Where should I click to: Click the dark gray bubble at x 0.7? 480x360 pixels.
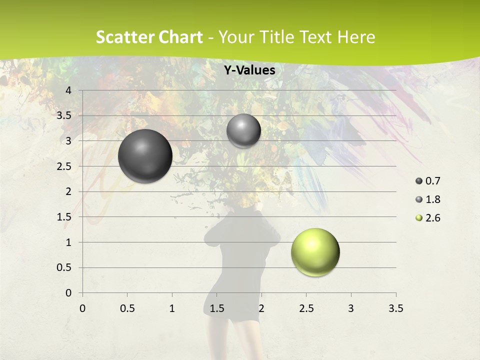pyautogui.click(x=145, y=156)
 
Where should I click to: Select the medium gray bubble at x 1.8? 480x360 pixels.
pyautogui.click(x=243, y=131)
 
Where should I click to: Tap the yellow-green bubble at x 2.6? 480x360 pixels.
pyautogui.click(x=315, y=252)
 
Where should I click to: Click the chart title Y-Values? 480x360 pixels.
pyautogui.click(x=249, y=70)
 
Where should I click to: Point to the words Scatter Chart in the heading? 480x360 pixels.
pyautogui.click(x=149, y=37)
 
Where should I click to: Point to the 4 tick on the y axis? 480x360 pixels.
pyautogui.click(x=69, y=90)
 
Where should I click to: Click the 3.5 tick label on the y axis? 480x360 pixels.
pyautogui.click(x=64, y=115)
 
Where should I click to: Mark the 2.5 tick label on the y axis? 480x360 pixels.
pyautogui.click(x=64, y=166)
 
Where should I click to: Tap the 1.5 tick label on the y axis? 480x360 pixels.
pyautogui.click(x=64, y=217)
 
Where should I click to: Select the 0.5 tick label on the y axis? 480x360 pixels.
pyautogui.click(x=64, y=267)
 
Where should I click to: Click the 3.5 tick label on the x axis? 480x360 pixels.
pyautogui.click(x=395, y=308)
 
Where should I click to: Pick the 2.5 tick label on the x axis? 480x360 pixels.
pyautogui.click(x=306, y=308)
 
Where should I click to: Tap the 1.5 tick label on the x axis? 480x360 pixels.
pyautogui.click(x=216, y=308)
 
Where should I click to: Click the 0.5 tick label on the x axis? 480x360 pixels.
pyautogui.click(x=127, y=308)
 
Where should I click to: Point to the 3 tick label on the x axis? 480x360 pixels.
pyautogui.click(x=351, y=308)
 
